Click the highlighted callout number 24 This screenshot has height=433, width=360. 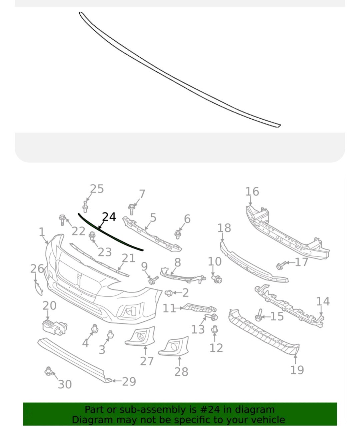tap(109, 217)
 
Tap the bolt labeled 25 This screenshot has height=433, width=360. tap(85, 207)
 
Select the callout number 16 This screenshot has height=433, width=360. tap(252, 192)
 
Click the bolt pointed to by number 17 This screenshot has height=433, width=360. tap(280, 265)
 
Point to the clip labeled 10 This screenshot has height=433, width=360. tap(217, 278)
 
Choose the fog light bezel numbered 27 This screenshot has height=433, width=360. tap(140, 336)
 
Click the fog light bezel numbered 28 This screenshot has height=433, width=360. tap(174, 346)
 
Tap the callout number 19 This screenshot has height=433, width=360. tap(297, 370)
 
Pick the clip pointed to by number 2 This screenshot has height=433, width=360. tap(169, 293)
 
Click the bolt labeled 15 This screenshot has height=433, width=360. tap(259, 315)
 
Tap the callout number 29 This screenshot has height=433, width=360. tap(129, 381)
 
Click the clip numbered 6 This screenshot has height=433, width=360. tap(178, 234)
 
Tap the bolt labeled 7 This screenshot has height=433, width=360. tap(132, 209)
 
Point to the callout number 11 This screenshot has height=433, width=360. tap(169, 308)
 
